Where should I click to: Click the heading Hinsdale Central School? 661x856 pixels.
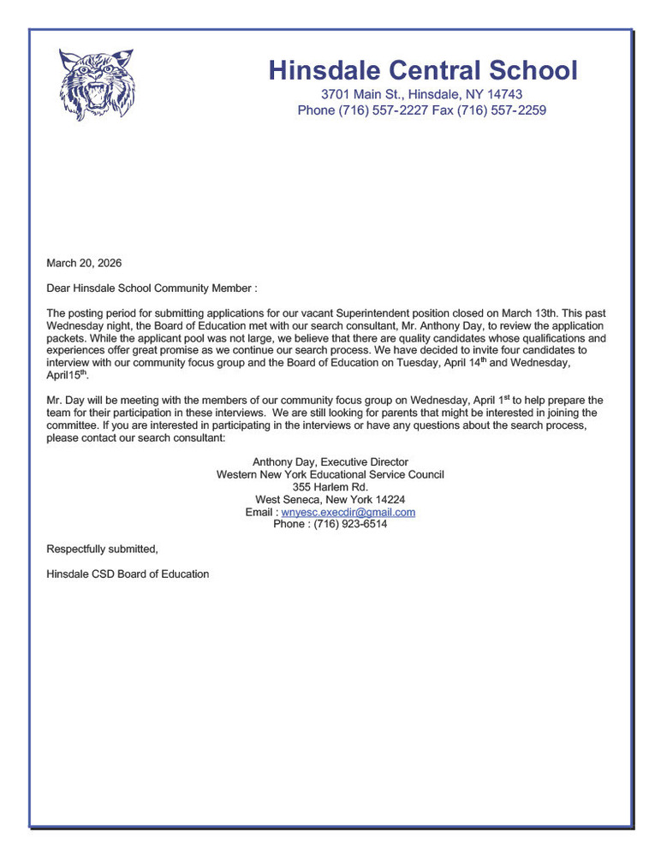coord(422,70)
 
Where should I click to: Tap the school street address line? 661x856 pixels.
coord(421,94)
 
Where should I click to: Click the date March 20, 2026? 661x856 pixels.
coord(84,263)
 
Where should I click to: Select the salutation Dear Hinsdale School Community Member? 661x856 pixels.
coord(152,289)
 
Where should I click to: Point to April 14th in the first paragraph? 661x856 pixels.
coord(469,363)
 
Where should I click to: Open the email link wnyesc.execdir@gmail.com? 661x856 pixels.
coord(348,512)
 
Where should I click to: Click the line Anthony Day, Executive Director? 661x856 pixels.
coord(330,462)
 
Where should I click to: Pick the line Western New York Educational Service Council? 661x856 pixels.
coord(330,474)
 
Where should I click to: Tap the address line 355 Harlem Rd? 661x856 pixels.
coord(330,487)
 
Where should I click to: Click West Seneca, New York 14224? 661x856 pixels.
coord(330,500)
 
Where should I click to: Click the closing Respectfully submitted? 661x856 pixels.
coord(102,549)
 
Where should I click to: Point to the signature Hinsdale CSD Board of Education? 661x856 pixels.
coord(128,574)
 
